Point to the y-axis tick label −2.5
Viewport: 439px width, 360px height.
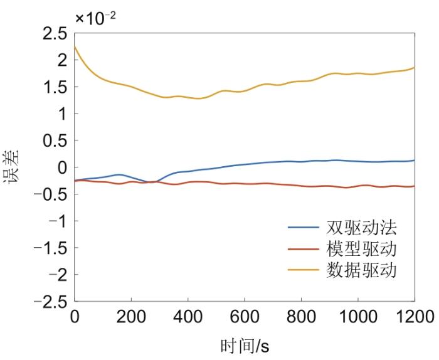(x=48, y=302)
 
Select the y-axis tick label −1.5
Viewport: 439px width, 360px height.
(x=48, y=248)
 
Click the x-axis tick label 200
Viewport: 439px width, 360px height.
(x=132, y=316)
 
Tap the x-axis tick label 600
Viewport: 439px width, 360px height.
(x=245, y=316)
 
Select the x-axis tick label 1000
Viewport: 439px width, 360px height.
(x=358, y=316)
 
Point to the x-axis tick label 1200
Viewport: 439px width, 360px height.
(x=414, y=316)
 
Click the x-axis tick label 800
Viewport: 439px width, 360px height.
(x=302, y=316)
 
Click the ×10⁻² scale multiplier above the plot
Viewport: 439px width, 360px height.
(x=95, y=17)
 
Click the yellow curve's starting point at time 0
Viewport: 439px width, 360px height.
(x=75, y=46)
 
